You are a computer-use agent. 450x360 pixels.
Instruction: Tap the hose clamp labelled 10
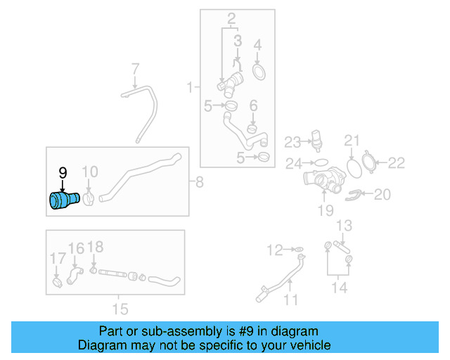click(x=89, y=199)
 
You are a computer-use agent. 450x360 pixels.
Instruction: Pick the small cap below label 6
click(x=252, y=128)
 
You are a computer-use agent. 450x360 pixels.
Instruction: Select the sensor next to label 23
click(x=314, y=142)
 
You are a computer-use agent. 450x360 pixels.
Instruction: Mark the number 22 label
click(x=397, y=163)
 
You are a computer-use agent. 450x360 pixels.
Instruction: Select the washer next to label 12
click(x=298, y=249)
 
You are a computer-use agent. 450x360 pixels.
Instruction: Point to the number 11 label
click(x=290, y=300)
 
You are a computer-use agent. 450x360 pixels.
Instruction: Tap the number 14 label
click(x=339, y=287)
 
